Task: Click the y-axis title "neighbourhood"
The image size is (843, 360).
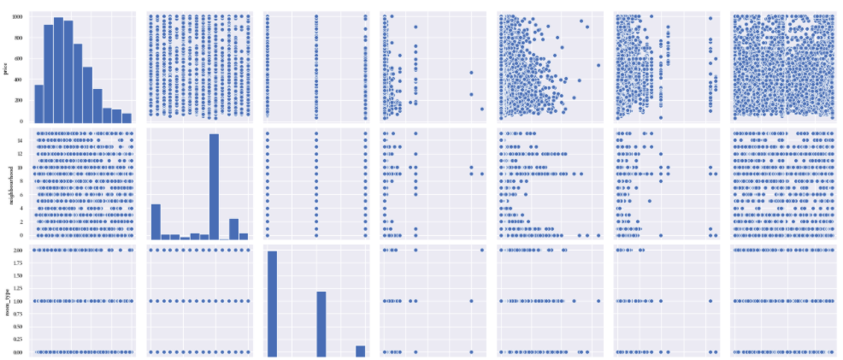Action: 6,183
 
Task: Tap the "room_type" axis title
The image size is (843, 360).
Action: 6,300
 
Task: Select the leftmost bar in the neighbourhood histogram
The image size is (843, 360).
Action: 156,221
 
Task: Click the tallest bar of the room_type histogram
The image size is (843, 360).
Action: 272,304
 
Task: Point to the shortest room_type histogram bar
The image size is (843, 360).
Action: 361,351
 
